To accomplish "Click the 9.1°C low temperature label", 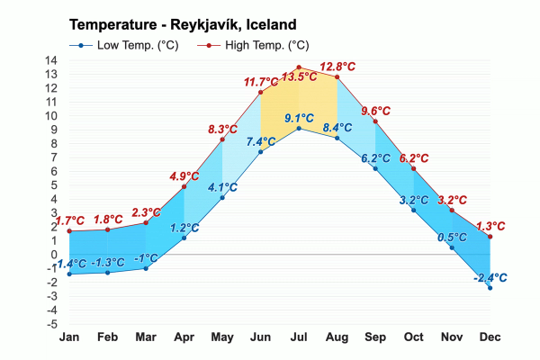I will (x=299, y=118).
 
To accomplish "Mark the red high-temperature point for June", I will (x=260, y=92).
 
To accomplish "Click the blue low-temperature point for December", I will (x=490, y=288).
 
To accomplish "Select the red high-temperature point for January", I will (x=68, y=231).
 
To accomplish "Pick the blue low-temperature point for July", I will (x=299, y=129).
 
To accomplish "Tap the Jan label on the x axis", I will (x=68, y=337).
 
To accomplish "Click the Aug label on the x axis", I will (x=337, y=337).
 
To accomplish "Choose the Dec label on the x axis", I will (x=490, y=337).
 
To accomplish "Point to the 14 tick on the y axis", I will (x=51, y=61).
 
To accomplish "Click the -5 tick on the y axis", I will (x=51, y=324).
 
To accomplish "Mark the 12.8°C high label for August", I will (x=337, y=67).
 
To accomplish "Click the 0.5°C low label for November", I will (x=452, y=238).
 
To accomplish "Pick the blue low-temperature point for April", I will (x=184, y=238).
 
